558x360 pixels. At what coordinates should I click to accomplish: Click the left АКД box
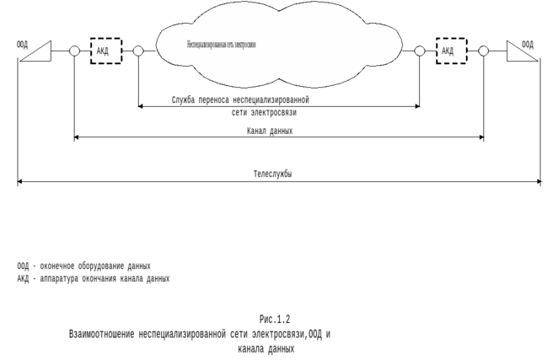(x=104, y=51)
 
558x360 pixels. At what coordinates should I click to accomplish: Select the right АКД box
(x=447, y=51)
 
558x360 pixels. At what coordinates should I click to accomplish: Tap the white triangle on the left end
(x=38, y=51)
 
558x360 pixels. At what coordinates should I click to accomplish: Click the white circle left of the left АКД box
(x=74, y=51)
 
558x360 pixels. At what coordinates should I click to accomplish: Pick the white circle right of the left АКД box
(x=138, y=51)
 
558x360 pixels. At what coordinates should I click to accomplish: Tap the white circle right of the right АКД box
(x=480, y=51)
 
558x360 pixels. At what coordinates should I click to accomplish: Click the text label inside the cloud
(x=221, y=43)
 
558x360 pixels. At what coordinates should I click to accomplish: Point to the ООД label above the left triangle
(x=23, y=43)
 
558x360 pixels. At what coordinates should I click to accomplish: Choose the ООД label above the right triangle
(x=528, y=43)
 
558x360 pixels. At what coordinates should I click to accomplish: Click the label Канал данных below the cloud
(x=270, y=131)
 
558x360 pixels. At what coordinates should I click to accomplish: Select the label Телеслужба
(x=272, y=174)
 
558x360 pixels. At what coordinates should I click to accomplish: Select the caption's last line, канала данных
(x=266, y=347)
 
